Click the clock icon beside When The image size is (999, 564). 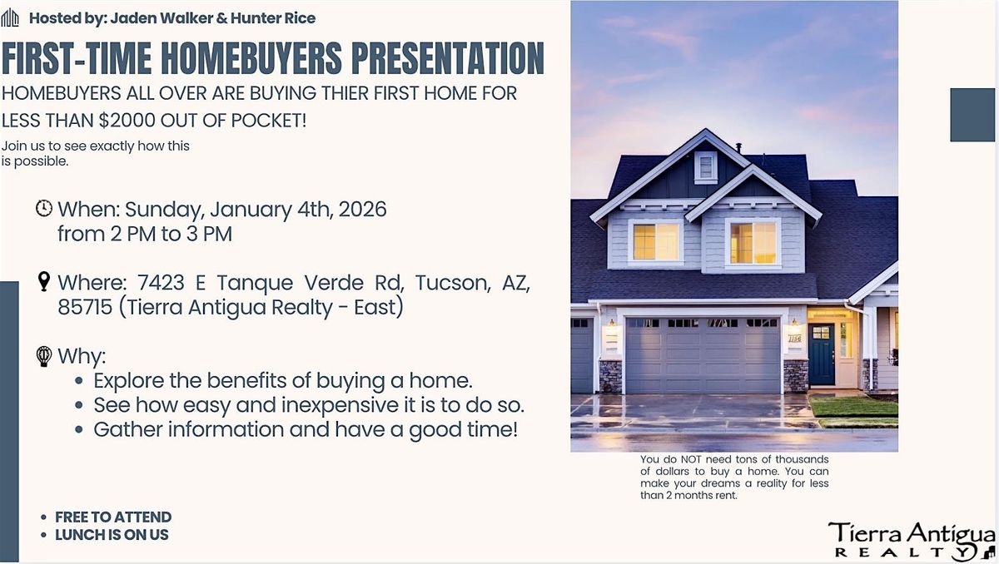click(44, 208)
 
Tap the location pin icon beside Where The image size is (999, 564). click(44, 282)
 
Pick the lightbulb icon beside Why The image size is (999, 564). click(44, 356)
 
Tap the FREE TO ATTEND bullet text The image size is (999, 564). click(113, 517)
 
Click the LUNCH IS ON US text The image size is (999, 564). click(112, 535)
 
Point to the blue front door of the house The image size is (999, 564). click(821, 354)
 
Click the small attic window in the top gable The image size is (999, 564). click(706, 166)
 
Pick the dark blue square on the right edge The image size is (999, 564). click(972, 114)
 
